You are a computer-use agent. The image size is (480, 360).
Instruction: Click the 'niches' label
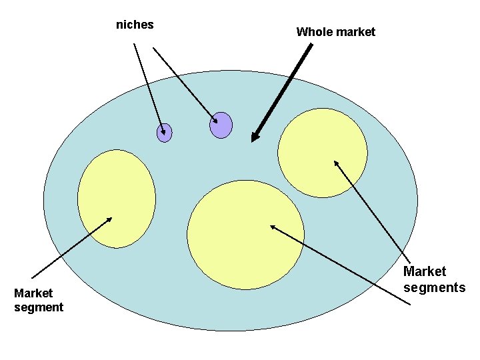tap(135, 25)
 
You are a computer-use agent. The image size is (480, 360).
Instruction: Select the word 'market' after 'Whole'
tap(355, 31)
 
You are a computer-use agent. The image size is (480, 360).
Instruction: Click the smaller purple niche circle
tap(164, 133)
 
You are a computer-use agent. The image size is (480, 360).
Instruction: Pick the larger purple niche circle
tap(221, 125)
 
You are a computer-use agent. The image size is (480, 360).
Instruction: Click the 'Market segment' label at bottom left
tap(39, 300)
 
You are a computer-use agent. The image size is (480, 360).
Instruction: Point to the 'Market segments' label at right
tap(434, 279)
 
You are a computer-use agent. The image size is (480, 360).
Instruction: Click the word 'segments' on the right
tap(434, 287)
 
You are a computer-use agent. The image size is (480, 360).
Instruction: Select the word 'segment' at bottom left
tap(39, 307)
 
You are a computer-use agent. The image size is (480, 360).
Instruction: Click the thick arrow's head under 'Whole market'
tap(254, 137)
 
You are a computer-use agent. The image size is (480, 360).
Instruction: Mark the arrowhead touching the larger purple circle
tap(215, 121)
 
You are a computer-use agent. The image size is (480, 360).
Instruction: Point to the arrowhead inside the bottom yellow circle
tap(273, 227)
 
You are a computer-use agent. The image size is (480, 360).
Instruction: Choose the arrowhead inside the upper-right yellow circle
tap(336, 162)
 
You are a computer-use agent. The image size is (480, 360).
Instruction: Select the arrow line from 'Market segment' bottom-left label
tap(70, 248)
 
